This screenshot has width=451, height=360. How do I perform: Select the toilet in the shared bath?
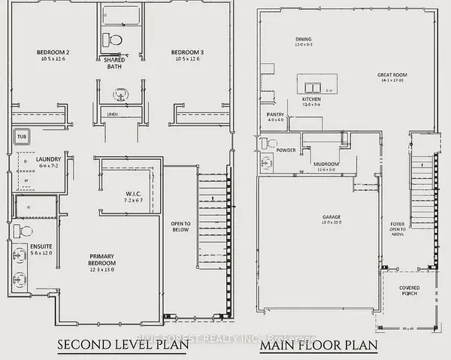tap(115, 38)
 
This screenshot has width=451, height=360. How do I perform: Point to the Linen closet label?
tap(114, 113)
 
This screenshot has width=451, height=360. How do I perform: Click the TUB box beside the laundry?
tap(21, 138)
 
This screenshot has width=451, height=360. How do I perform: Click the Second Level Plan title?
tap(119, 345)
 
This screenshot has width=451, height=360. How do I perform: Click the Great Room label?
tap(392, 74)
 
